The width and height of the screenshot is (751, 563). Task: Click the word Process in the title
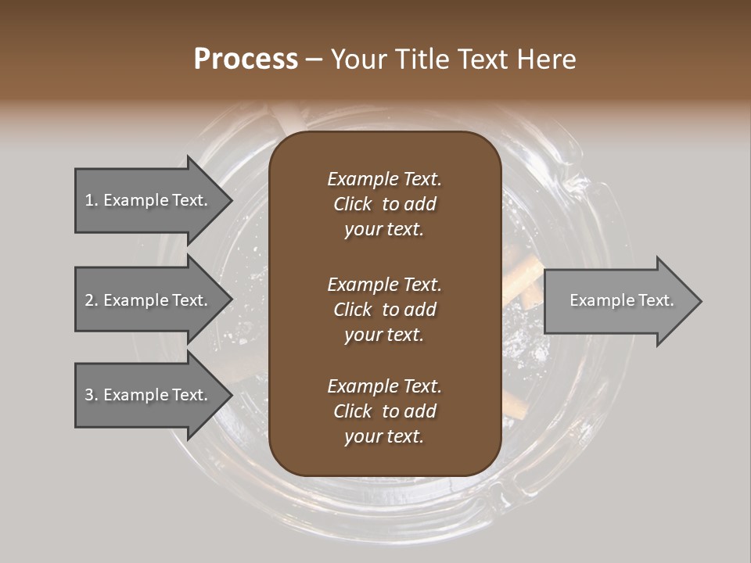pos(246,59)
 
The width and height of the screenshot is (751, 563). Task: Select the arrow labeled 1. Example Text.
pos(149,200)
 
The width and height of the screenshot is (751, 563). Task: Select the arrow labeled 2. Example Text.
pos(149,300)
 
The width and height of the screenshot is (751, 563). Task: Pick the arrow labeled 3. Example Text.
pos(149,395)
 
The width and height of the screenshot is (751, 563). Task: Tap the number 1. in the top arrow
pos(92,200)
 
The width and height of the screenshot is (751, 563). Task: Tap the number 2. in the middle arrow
pos(92,300)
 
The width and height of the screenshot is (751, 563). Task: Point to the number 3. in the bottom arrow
pos(92,395)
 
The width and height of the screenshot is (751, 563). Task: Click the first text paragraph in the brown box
pos(384,204)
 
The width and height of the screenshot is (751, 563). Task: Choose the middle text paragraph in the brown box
pos(384,309)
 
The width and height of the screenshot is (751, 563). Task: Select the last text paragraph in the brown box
pos(384,411)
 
